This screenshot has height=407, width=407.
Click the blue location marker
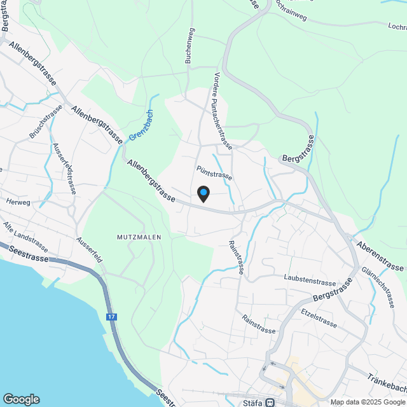(203, 193)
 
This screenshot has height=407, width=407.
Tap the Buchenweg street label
(188, 46)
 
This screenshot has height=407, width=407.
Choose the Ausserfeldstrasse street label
(66, 168)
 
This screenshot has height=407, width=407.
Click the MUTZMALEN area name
(139, 237)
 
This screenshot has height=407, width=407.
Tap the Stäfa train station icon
(271, 402)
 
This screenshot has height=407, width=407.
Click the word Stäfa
(252, 402)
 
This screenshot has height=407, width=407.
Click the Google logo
(21, 399)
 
